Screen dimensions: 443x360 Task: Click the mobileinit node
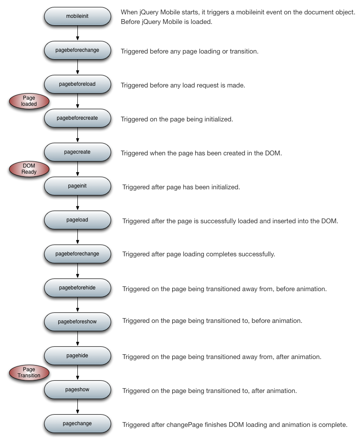tap(77, 16)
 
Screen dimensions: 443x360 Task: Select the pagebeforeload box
tap(77, 84)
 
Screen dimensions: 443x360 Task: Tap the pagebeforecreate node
tap(77, 118)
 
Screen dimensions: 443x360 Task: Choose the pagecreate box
tap(77, 152)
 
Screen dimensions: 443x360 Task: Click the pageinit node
tap(77, 186)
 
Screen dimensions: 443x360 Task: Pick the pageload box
tap(77, 220)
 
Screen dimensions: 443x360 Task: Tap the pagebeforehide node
tap(77, 288)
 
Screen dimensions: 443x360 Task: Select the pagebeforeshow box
tap(77, 322)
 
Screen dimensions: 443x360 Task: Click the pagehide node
tap(77, 356)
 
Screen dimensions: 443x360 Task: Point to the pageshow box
tap(77, 389)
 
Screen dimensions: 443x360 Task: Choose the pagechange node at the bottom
tap(77, 423)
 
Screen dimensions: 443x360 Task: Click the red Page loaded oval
tap(29, 101)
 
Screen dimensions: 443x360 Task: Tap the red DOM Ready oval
tap(29, 169)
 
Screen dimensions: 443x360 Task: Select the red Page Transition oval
tap(29, 373)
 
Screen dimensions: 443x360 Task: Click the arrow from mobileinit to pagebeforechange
tap(77, 33)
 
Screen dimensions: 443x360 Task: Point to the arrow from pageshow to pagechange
tap(77, 406)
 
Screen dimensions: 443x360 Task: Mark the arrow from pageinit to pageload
tap(77, 203)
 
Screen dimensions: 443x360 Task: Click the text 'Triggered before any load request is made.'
tap(183, 85)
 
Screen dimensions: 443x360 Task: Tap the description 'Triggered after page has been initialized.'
tap(181, 187)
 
